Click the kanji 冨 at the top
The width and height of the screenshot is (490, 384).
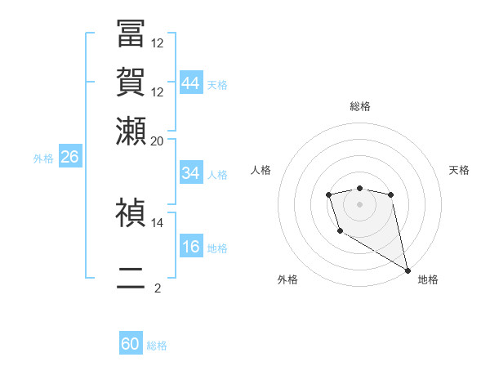[x=131, y=35]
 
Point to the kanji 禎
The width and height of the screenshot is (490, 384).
[x=131, y=212]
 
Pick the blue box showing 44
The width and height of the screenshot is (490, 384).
[x=191, y=83]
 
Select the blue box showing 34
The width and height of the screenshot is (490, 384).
[x=191, y=173]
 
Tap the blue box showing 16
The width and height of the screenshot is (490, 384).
[x=191, y=248]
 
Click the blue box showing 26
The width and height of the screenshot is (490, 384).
[x=69, y=158]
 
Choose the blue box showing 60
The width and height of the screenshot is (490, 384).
[x=131, y=344]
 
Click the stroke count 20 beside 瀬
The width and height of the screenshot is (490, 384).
[x=158, y=141]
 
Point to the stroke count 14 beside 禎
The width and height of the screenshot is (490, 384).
[x=158, y=222]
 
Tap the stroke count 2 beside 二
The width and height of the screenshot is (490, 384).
[x=158, y=288]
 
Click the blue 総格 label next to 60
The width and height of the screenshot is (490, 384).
[x=157, y=346]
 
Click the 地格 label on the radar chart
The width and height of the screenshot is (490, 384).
[x=428, y=279]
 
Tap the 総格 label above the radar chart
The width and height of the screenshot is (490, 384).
[x=360, y=106]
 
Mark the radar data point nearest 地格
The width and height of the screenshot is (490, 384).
[x=408, y=270]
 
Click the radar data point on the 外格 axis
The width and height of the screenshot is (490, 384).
[x=340, y=231]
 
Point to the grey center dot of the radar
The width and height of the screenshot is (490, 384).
[x=359, y=203]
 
